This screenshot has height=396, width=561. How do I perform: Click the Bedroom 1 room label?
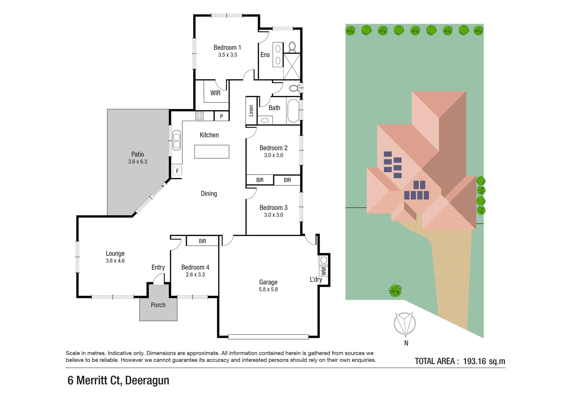pos(227,48)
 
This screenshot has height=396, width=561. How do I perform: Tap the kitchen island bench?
pos(211,152)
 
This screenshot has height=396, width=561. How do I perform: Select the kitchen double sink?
pos(177,140)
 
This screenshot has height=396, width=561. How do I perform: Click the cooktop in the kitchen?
pos(199,116)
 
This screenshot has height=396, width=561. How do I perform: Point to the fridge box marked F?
pos(177,171)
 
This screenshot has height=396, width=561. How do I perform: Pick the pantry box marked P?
pos(221,116)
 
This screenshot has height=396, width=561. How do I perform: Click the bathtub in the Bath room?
pos(293,111)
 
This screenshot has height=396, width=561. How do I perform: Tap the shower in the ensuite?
pos(292,66)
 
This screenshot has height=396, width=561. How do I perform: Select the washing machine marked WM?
pos(323,271)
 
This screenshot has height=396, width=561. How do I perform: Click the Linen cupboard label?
pos(251,111)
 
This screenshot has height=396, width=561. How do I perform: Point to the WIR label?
pos(216,93)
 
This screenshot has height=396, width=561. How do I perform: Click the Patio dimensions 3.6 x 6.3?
pos(138,162)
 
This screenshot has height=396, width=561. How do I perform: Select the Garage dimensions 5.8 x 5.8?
pos(268,290)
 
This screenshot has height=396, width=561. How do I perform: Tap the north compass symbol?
pos(405,324)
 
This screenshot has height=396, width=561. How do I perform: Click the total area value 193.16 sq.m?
pos(484,361)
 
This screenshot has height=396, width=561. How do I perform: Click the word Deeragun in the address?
pos(147,380)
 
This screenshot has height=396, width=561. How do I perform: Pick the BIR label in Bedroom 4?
pos(202,241)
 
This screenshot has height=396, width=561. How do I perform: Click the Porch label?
pos(158,305)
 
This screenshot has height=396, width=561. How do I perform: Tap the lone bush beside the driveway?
pos(395,290)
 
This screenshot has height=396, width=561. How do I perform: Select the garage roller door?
pos(268,336)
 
